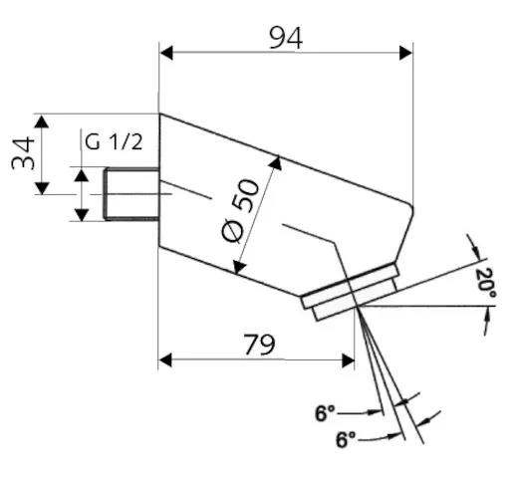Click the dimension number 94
coord(286,39)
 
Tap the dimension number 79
coord(259,345)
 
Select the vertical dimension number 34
coord(23,153)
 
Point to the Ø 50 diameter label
coord(240,210)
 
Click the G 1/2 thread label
coord(114,141)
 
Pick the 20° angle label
coord(486,284)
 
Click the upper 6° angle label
coord(325,413)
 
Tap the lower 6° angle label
coord(346,439)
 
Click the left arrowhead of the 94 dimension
coord(166,53)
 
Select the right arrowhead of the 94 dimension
coord(406,53)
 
